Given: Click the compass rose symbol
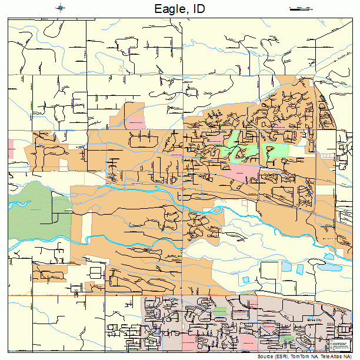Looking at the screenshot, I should point(61,8).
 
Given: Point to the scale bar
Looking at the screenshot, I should point(301,8).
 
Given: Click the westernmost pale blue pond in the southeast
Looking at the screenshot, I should point(286,266).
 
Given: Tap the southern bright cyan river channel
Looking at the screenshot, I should point(118,239).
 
